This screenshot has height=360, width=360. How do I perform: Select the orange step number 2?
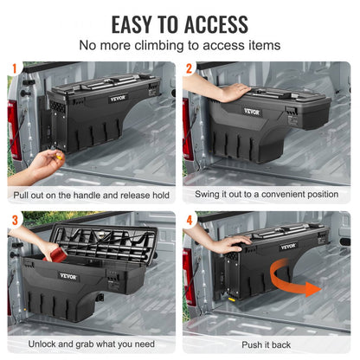point(190,67)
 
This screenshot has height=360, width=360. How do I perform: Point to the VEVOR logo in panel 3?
point(67,277)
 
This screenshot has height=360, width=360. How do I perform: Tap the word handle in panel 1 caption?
point(87,196)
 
